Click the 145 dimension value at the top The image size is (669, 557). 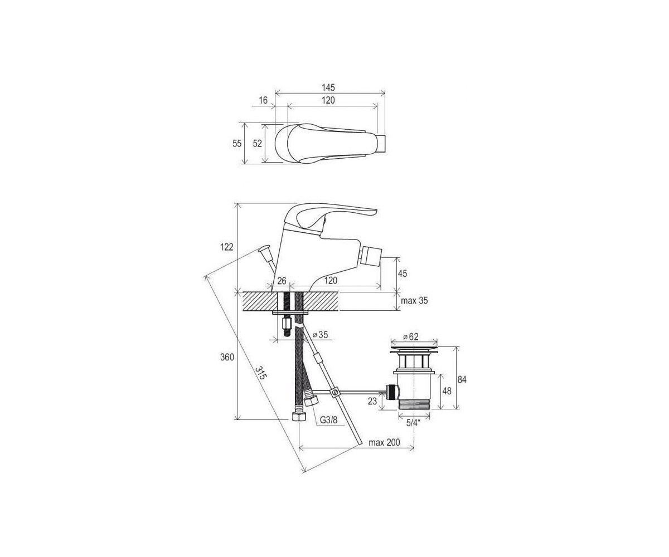point(328,87)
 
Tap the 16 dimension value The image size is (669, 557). point(263,100)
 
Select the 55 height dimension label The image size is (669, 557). point(237,144)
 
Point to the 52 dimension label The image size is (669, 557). point(257,144)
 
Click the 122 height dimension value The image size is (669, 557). point(227,247)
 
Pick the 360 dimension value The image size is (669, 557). point(227,357)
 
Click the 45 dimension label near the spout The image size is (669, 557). point(402,273)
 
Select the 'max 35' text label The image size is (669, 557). point(414,301)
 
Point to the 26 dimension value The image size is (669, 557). point(282,281)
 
